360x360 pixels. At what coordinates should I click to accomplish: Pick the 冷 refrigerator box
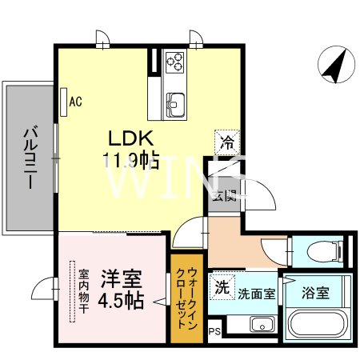pyautogui.click(x=227, y=145)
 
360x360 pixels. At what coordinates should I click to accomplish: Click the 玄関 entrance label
pyautogui.click(x=225, y=194)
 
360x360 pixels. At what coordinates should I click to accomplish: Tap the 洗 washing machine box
pyautogui.click(x=222, y=287)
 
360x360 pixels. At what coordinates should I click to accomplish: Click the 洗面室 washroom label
pyautogui.click(x=256, y=293)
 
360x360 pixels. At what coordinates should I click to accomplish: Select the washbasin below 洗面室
pyautogui.click(x=261, y=325)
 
